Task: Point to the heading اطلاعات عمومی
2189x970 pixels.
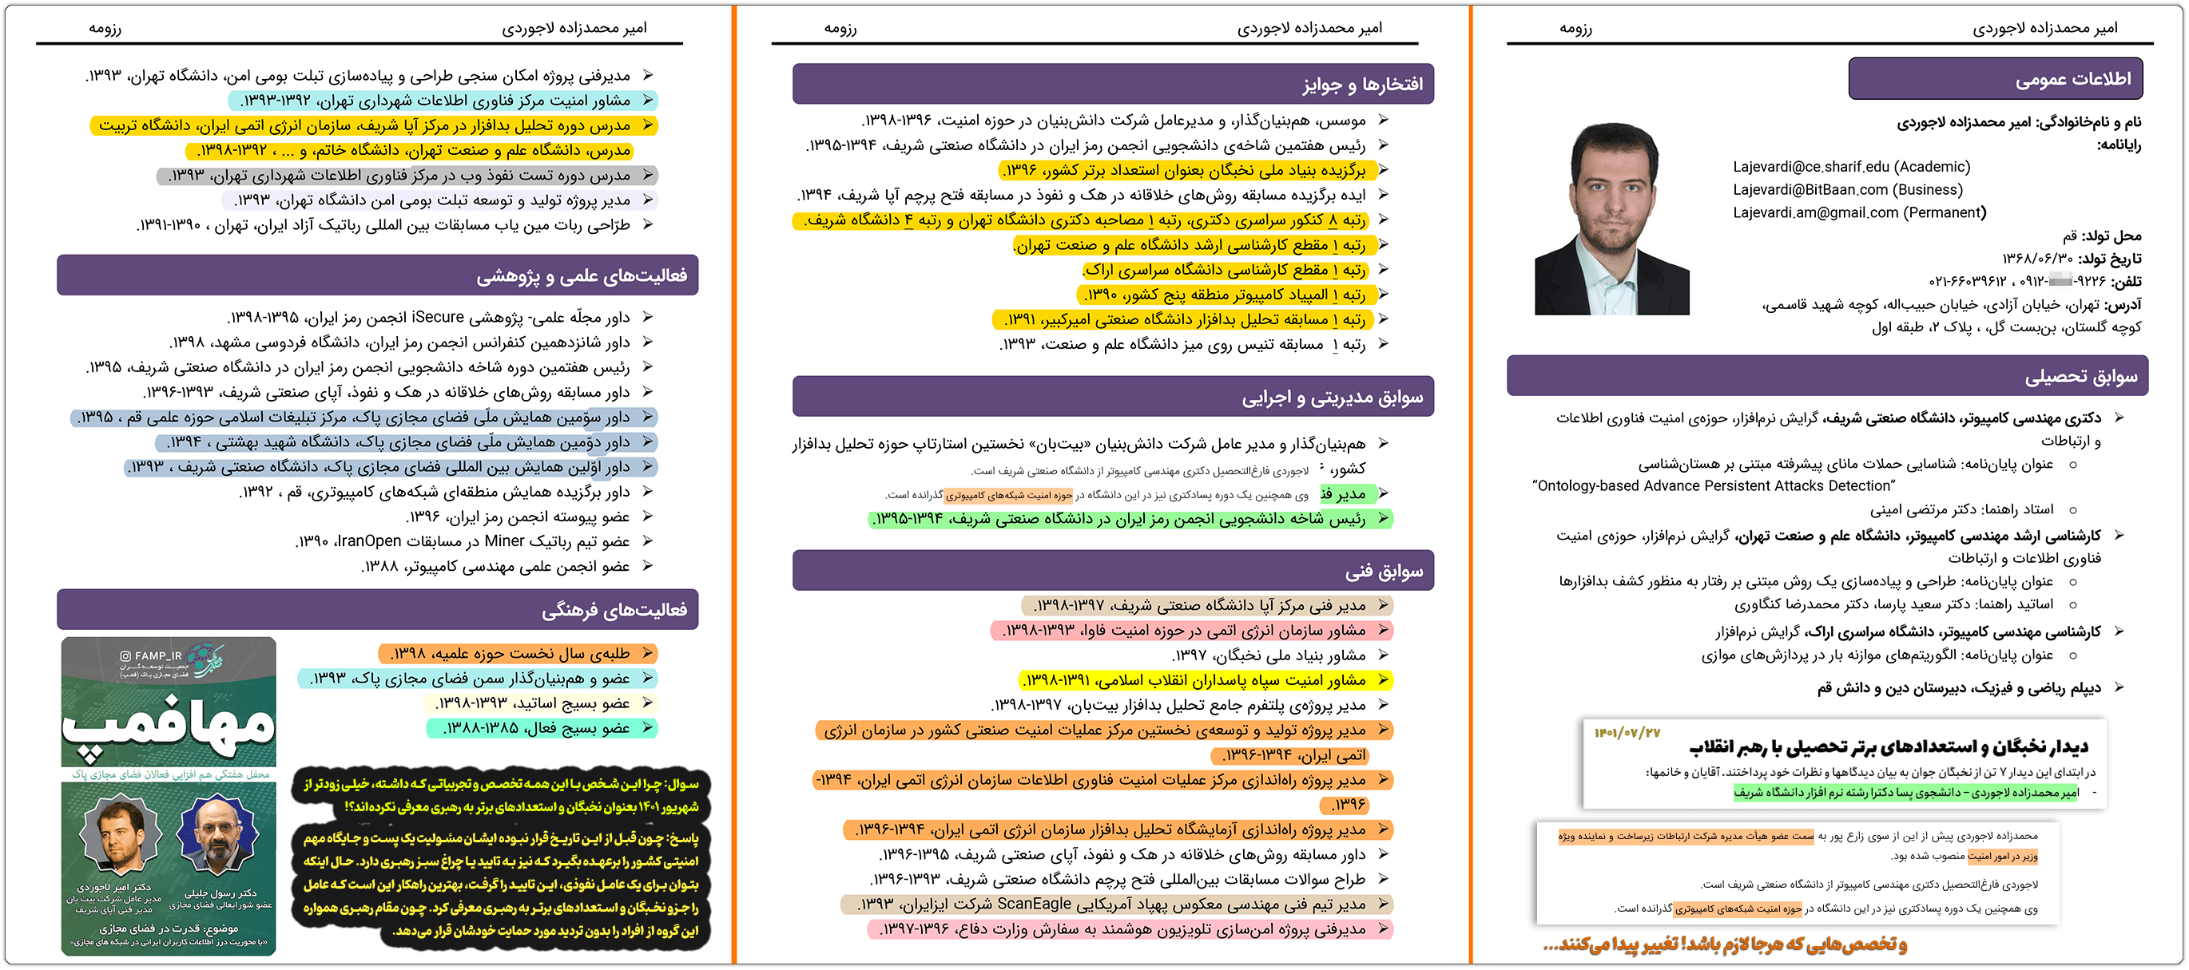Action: (2072, 79)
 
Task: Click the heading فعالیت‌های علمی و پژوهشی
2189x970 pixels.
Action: (582, 276)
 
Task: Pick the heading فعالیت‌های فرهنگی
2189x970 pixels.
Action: (614, 610)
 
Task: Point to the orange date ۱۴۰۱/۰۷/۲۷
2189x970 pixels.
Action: (1627, 732)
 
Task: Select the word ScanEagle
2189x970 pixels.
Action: (1032, 904)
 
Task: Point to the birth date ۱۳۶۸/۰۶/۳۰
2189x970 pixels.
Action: (2037, 258)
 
